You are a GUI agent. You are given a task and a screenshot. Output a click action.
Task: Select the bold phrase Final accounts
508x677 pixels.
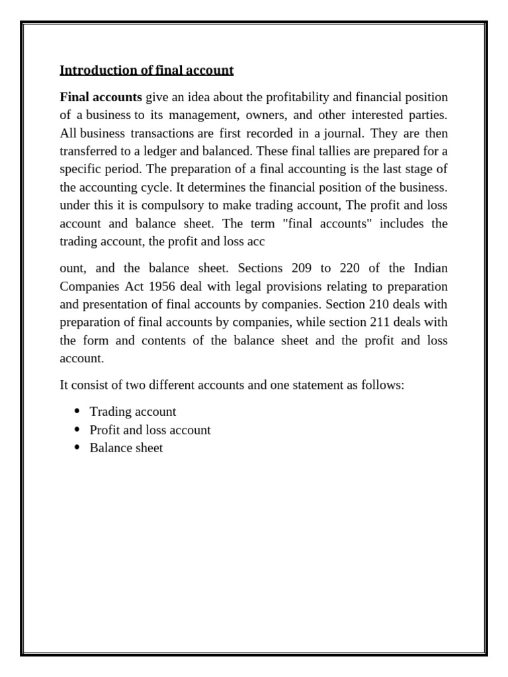(101, 98)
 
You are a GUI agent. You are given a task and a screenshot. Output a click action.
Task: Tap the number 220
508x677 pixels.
(351, 268)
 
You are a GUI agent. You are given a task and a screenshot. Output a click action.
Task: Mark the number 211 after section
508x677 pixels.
(377, 322)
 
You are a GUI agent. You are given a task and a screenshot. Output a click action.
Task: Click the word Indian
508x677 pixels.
(431, 268)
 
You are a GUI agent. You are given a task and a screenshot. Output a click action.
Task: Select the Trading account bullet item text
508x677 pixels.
(133, 412)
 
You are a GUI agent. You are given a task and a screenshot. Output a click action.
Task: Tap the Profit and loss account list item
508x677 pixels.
(150, 430)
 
